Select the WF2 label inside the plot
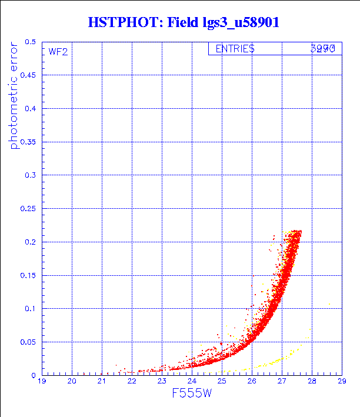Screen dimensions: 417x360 coord(58,52)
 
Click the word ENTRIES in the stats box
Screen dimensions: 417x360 coord(235,49)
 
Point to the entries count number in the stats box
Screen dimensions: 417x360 coord(322,49)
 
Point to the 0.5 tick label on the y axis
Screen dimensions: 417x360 coord(29,42)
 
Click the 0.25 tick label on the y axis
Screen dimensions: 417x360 coord(27,209)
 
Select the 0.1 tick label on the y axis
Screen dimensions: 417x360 coord(29,309)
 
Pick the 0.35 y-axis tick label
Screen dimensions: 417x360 coord(27,142)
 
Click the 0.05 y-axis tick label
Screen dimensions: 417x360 coord(27,342)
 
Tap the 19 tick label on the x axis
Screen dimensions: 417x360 coord(42,382)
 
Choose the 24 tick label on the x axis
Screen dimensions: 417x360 coord(192,382)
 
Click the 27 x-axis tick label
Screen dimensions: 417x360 coord(281,382)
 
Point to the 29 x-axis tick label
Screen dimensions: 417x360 coord(341,382)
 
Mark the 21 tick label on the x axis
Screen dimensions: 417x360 coord(102,382)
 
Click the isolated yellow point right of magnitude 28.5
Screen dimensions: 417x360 coord(330,304)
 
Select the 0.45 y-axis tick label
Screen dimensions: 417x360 coord(27,76)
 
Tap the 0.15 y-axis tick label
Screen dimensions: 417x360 coord(27,275)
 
